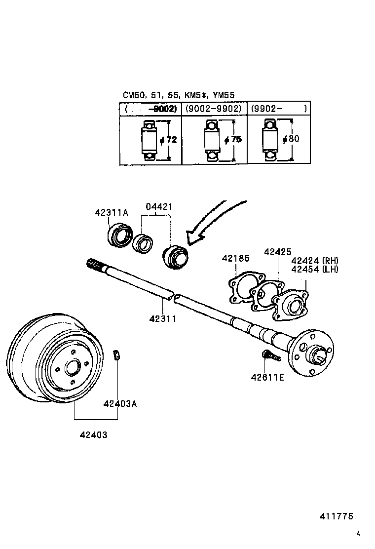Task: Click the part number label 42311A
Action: tap(111, 212)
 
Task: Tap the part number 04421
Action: tap(158, 207)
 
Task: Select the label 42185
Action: tap(235, 258)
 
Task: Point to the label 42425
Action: tap(277, 251)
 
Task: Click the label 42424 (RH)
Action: tap(315, 261)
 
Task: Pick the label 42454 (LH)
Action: tap(315, 269)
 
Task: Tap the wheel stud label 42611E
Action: tap(267, 378)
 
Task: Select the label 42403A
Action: tap(120, 403)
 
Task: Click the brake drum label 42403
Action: tap(93, 434)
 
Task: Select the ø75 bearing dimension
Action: tap(232, 140)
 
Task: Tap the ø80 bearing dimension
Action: tap(291, 139)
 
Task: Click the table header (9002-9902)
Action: tap(213, 108)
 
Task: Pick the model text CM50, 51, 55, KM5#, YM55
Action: tap(178, 95)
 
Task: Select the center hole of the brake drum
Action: tap(72, 368)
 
